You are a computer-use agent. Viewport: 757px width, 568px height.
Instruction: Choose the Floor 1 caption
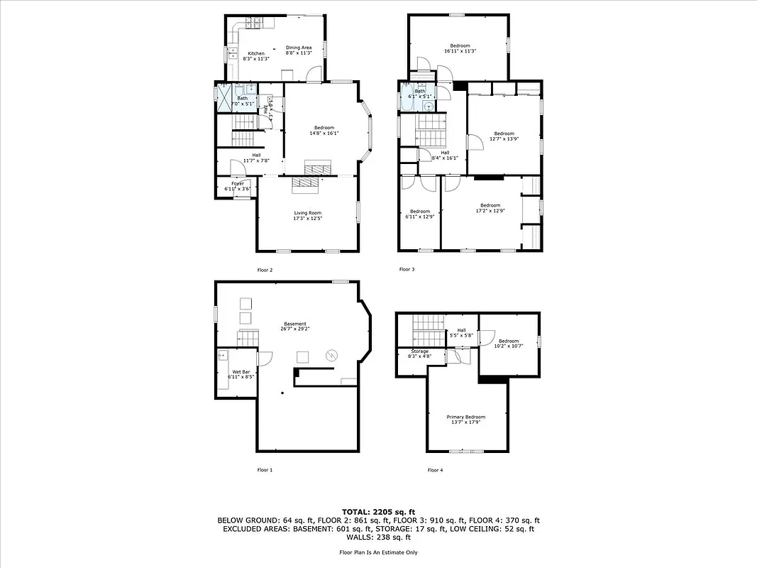pos(265,470)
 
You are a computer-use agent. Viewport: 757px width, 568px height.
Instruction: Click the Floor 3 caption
pos(407,270)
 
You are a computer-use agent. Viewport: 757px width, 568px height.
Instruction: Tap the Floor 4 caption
pos(435,470)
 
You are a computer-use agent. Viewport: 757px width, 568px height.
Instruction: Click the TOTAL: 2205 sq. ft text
pos(378,511)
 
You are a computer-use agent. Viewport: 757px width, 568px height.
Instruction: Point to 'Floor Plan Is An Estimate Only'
pos(378,552)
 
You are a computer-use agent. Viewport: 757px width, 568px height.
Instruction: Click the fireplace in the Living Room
pos(306,183)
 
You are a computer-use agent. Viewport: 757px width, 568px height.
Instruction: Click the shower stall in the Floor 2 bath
pos(224,98)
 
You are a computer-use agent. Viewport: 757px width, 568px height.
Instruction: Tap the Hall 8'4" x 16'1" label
pos(445,155)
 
